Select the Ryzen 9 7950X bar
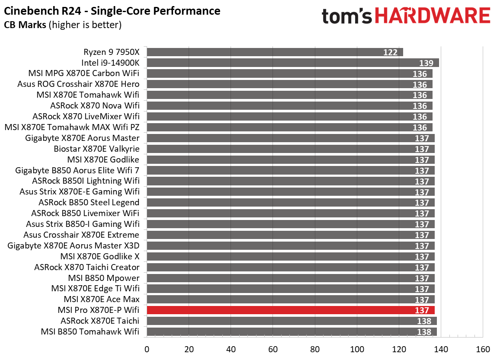point(275,52)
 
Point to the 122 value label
point(390,52)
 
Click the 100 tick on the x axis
point(357,349)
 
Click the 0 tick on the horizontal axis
point(147,349)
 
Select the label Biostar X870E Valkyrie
point(96,149)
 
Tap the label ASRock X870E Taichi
point(100,321)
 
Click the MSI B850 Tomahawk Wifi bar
point(292,331)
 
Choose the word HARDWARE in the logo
point(433,16)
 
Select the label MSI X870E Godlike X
point(100,256)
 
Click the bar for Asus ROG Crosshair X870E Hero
point(289,84)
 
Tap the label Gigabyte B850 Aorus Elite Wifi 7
point(77,170)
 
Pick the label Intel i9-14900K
point(110,63)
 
